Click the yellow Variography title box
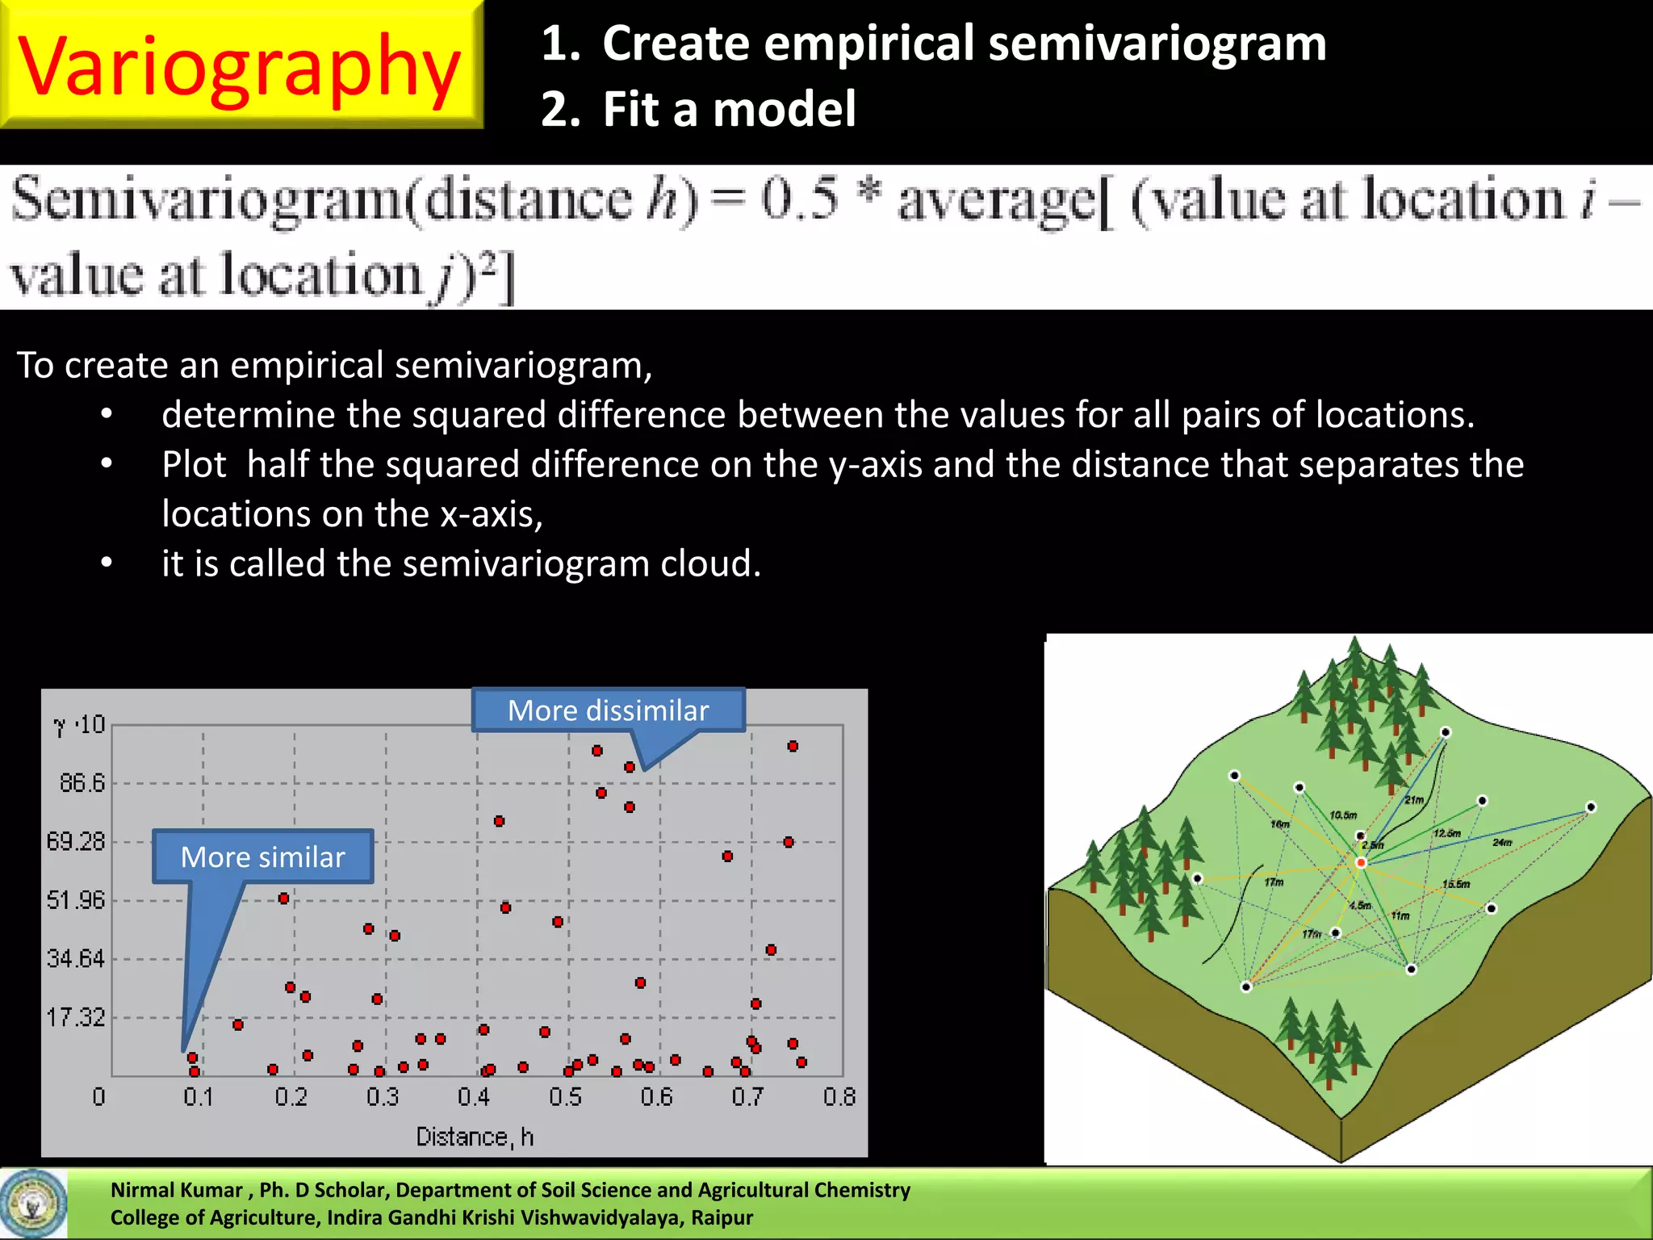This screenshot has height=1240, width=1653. pos(240,65)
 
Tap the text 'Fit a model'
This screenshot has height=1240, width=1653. pos(728,110)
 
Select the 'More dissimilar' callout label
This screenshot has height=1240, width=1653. pos(608,710)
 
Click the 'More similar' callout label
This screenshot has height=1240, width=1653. pos(262,857)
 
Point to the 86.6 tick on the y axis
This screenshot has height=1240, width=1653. pos(82,782)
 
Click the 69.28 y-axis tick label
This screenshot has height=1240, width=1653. pos(76,841)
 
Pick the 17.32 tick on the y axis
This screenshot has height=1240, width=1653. pos(76,1017)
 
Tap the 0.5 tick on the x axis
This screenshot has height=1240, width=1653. pos(565,1096)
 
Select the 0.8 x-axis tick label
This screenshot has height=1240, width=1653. pos(839,1096)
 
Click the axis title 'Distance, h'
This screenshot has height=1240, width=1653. pos(475,1137)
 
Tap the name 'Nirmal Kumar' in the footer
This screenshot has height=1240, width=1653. pos(176,1190)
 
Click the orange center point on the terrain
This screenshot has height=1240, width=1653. pos(1360,863)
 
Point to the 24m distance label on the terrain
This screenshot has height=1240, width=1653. pos(1501,842)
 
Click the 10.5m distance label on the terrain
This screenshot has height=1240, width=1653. pos(1343,815)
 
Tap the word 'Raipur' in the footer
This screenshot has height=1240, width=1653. pos(721,1217)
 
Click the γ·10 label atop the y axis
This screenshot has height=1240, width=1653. pos(79,725)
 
